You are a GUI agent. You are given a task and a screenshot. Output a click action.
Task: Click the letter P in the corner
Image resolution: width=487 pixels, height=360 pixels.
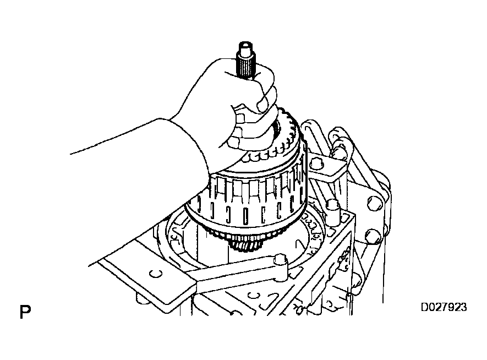pos(25,312)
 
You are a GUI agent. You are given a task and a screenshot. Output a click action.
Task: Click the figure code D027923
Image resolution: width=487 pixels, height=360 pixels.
pos(444,307)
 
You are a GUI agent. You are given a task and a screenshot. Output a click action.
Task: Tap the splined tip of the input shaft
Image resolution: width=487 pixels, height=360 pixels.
pos(246,65)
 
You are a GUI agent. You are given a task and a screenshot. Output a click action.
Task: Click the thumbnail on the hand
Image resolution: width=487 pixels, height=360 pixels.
pos(264,104)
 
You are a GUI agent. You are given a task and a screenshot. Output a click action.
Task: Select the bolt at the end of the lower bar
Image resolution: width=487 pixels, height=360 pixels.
pos(281,260)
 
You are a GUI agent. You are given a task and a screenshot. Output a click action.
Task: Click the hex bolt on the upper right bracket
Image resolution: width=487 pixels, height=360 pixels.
pos(316,162)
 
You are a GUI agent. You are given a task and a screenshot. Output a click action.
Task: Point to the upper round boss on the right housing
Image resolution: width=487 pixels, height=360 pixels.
pos(374,204)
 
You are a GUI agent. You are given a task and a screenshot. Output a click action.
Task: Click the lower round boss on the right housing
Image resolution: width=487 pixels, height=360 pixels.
pos(372,237)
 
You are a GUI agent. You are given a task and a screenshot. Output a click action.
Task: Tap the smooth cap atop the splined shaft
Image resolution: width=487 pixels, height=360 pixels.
pos(246,47)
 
